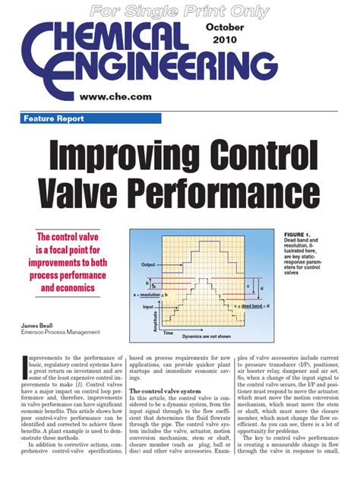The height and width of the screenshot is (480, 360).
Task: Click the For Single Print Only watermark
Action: (179, 10)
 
